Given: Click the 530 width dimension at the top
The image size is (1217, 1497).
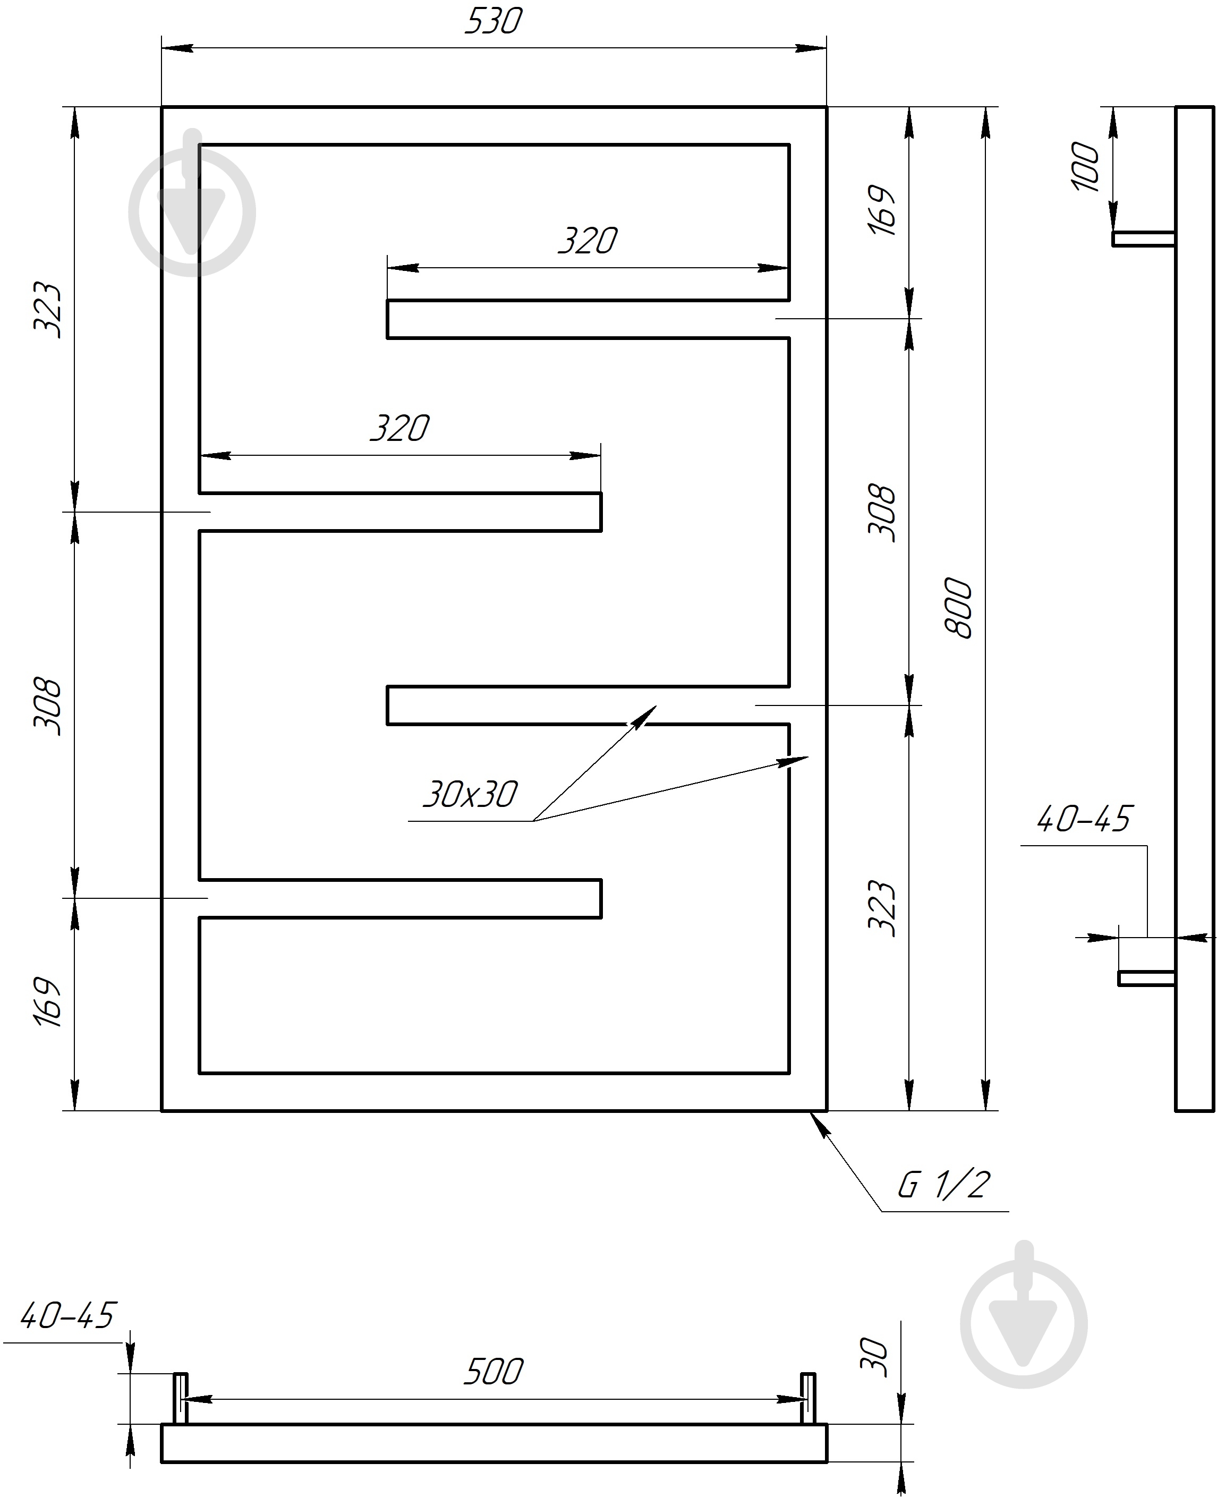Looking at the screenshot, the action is (x=493, y=21).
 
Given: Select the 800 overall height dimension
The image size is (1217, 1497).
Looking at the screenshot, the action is (x=959, y=608).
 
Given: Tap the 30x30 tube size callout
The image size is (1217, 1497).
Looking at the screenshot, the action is (x=470, y=794).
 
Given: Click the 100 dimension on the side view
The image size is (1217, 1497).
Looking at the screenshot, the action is (x=1086, y=166).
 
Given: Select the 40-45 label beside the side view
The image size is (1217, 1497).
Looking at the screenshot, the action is (x=1084, y=819).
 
